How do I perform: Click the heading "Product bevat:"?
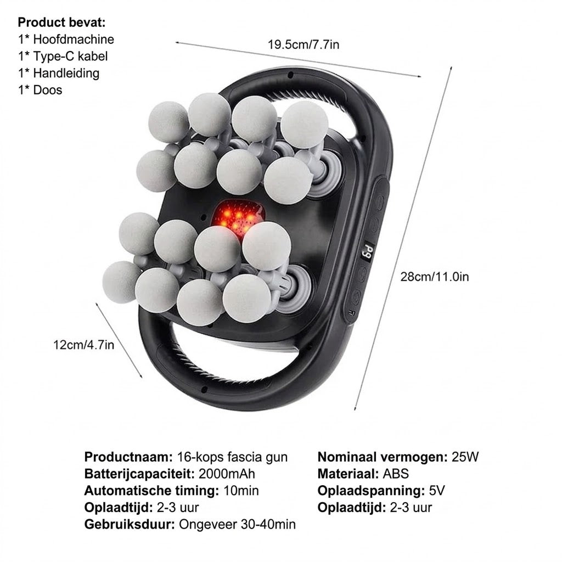coord(61,23)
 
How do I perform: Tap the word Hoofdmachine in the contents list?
coord(74,40)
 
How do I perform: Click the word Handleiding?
coord(66,73)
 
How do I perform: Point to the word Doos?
coord(48,90)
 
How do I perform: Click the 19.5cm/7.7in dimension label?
coord(303,45)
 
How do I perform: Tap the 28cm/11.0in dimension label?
coord(435,277)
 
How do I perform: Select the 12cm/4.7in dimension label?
coord(84,345)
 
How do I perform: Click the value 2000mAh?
coord(227,474)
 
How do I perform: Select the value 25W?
coord(465,457)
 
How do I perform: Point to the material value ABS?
coord(396,474)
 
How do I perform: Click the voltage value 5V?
coord(437,491)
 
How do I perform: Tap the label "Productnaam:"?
coord(128,457)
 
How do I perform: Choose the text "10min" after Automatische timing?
coord(241,491)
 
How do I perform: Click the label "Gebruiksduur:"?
coord(130,524)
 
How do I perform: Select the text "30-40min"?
coord(268,524)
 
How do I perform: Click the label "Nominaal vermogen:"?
coord(383,457)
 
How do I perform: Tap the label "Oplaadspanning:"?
coord(371,491)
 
